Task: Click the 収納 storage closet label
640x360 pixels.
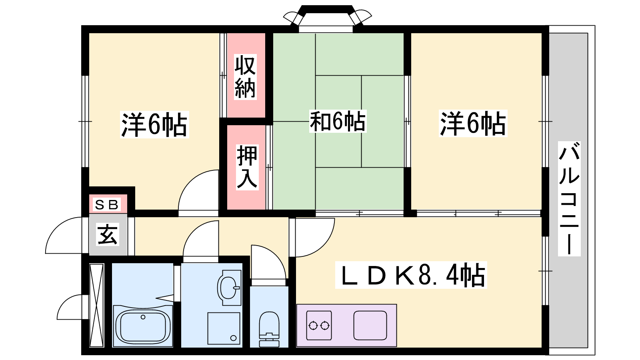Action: pos(245,76)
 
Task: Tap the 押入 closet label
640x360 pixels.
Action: pos(247,168)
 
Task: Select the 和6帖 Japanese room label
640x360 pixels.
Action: pos(338,122)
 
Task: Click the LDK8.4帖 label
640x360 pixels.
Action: pos(411,275)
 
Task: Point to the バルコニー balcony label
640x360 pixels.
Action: pos(569,198)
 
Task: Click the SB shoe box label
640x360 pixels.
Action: pos(107,204)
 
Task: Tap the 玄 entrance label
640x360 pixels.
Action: pos(108,235)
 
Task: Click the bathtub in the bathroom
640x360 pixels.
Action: pos(143,326)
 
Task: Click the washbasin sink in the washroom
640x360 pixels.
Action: pos(229,288)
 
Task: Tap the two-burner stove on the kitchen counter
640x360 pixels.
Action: pos(319,325)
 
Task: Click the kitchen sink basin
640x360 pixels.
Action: pos(370,325)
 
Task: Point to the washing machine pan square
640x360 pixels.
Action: pos(224,328)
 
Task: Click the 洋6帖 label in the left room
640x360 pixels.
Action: pos(154,124)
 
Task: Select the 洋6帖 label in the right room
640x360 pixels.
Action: pos(473,124)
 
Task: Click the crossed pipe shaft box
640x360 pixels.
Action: pos(96,305)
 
